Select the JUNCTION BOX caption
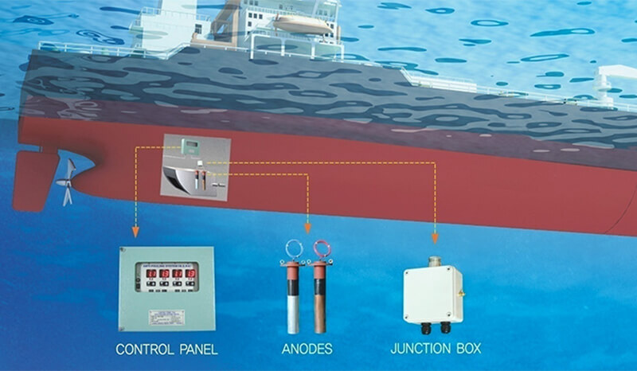pyautogui.click(x=435, y=350)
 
